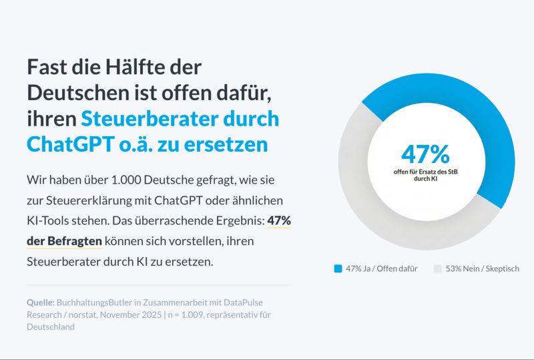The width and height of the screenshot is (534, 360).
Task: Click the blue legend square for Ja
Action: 338,268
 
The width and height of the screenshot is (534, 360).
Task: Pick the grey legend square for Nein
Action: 437,268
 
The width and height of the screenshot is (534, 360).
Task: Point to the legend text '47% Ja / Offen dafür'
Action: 381,268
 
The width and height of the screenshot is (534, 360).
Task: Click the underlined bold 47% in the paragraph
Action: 279,220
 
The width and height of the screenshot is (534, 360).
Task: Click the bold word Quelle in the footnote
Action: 41,301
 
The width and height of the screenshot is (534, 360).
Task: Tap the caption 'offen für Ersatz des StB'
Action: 425,172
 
